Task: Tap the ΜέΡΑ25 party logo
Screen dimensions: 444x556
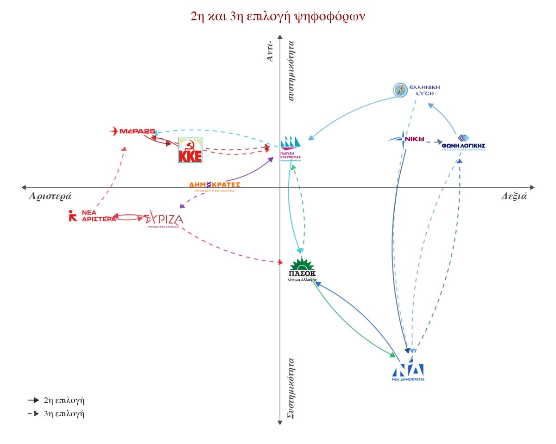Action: click(133, 131)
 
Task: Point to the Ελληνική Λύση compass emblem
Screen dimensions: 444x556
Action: click(400, 90)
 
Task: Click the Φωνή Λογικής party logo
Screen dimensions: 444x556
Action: click(463, 142)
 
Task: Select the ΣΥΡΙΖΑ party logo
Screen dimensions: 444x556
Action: click(164, 219)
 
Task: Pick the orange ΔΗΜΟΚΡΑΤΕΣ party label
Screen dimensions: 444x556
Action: click(215, 185)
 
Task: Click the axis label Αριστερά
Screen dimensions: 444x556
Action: click(50, 196)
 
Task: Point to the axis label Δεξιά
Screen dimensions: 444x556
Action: click(514, 196)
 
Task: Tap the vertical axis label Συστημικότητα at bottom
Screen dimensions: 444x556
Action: click(292, 388)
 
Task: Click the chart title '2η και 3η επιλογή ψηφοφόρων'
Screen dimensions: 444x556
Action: click(278, 16)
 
